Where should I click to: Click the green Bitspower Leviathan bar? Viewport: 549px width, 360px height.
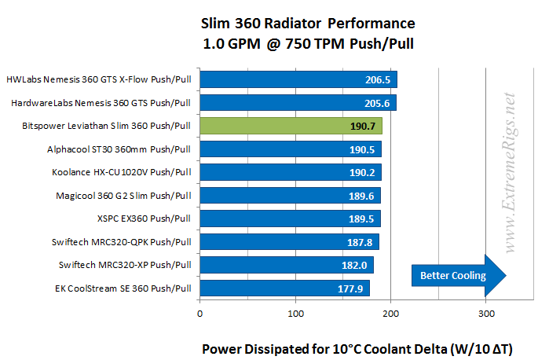click(291, 126)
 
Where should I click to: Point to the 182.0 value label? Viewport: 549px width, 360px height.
click(354, 265)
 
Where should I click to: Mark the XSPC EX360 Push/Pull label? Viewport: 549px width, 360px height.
click(138, 219)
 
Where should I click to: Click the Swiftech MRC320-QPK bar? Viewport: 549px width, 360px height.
click(289, 241)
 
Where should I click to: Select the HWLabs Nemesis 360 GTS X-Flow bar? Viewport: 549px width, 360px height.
click(298, 79)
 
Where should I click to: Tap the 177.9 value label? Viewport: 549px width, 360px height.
click(351, 288)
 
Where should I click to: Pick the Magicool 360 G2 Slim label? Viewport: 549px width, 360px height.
click(123, 195)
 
